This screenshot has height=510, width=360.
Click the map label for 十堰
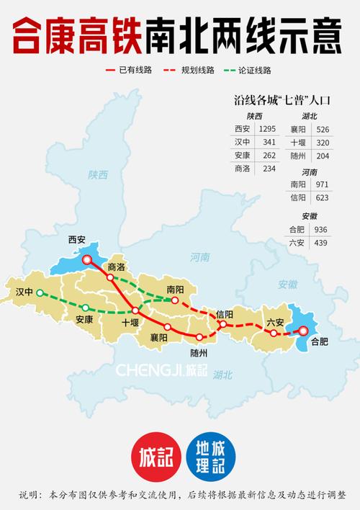coord(131,322)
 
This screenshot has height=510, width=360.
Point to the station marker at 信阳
coord(222,325)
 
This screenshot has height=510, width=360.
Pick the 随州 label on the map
coord(199,352)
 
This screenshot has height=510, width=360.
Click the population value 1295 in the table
coord(267,129)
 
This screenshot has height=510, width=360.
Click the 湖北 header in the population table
coord(309,116)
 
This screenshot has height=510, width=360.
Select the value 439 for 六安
coord(321,242)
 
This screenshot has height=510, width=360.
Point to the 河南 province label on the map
coord(200,257)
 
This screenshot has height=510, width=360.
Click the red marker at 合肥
coord(303,331)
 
